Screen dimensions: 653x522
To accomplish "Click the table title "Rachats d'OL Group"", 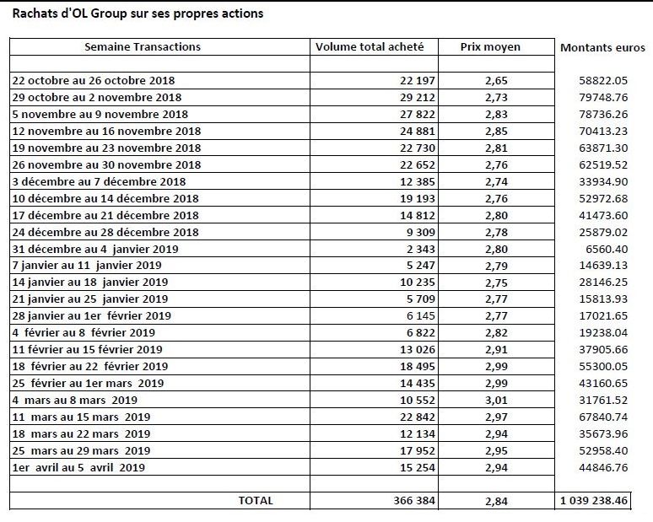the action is pyautogui.click(x=69, y=13).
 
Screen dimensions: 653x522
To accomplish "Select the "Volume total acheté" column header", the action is pyautogui.click(x=370, y=46).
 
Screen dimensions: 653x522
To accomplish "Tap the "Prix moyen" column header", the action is pyautogui.click(x=490, y=47).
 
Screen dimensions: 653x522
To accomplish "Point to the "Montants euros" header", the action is pyautogui.click(x=602, y=47).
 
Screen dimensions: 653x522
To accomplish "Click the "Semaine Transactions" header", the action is pyautogui.click(x=143, y=46).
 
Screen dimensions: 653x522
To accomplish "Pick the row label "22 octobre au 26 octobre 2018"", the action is pyautogui.click(x=94, y=80).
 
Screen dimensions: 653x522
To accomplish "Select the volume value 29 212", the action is pyautogui.click(x=418, y=98).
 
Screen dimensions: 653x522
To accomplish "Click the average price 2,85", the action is pyautogui.click(x=496, y=131).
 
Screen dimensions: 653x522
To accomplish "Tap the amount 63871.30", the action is pyautogui.click(x=603, y=148).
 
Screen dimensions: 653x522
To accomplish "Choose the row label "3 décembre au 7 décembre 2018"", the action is pyautogui.click(x=99, y=181).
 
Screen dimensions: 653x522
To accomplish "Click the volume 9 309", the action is pyautogui.click(x=421, y=232).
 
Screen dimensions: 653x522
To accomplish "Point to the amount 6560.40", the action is pyautogui.click(x=607, y=249).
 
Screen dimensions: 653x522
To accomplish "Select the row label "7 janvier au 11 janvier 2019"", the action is pyautogui.click(x=87, y=266).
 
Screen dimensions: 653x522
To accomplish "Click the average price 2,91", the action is pyautogui.click(x=496, y=350).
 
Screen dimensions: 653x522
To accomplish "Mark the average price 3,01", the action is pyautogui.click(x=496, y=401).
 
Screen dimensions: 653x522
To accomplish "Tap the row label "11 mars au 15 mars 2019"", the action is pyautogui.click(x=81, y=417).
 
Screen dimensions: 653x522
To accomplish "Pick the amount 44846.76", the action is pyautogui.click(x=603, y=467).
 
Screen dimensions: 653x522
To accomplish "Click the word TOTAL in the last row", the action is pyautogui.click(x=256, y=500).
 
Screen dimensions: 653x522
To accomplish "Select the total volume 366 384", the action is pyautogui.click(x=414, y=500).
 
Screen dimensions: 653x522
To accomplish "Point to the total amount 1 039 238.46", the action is pyautogui.click(x=593, y=500).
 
